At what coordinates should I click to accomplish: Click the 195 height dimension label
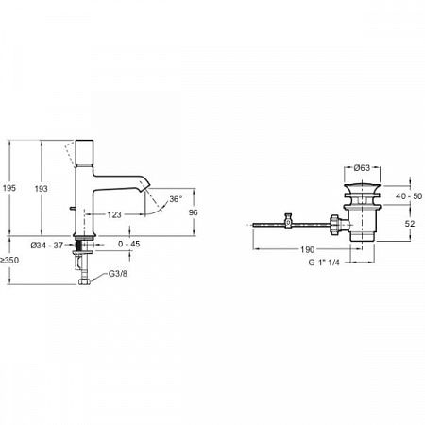click(x=9, y=188)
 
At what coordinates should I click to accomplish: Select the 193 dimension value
click(x=41, y=189)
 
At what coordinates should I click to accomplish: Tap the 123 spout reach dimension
click(x=114, y=214)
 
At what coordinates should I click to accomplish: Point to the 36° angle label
click(x=176, y=199)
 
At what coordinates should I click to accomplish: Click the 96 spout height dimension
click(x=193, y=212)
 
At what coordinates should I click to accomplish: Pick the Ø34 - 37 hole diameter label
click(x=47, y=245)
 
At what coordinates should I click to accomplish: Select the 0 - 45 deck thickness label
click(x=129, y=244)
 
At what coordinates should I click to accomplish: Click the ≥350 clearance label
click(x=9, y=261)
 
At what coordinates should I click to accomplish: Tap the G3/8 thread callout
click(x=118, y=274)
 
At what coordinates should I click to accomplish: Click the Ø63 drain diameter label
click(x=362, y=168)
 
